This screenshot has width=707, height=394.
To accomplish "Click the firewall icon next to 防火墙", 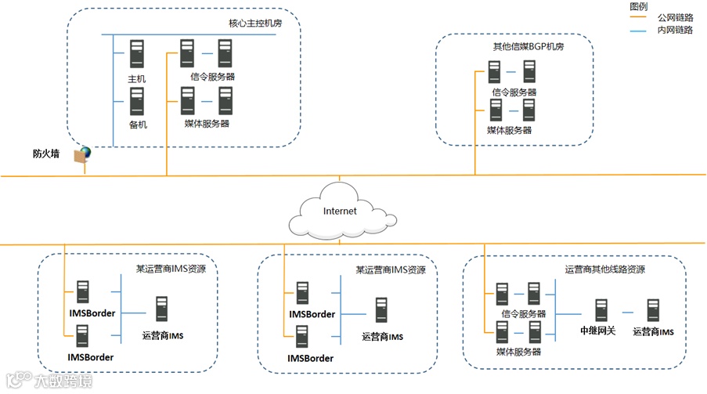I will click(81, 154).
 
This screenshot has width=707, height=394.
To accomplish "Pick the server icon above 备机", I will click(138, 101).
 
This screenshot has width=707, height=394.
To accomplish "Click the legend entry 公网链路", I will click(675, 16).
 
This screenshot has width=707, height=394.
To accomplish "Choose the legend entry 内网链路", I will click(675, 30).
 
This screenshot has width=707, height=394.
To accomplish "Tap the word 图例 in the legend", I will click(639, 5).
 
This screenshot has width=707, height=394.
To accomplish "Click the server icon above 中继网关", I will click(601, 310).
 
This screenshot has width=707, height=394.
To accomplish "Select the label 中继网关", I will click(598, 331).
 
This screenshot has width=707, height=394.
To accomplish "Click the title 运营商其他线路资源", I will click(605, 269).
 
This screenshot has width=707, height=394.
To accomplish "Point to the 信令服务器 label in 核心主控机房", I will click(213, 77).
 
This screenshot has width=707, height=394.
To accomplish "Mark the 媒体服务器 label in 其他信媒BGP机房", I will click(509, 130).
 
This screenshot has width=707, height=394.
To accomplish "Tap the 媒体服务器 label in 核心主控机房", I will click(207, 123).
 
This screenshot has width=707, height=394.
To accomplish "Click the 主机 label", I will click(137, 79).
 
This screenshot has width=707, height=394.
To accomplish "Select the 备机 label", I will click(138, 125).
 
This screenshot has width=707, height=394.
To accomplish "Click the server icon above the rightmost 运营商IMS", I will click(652, 310).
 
